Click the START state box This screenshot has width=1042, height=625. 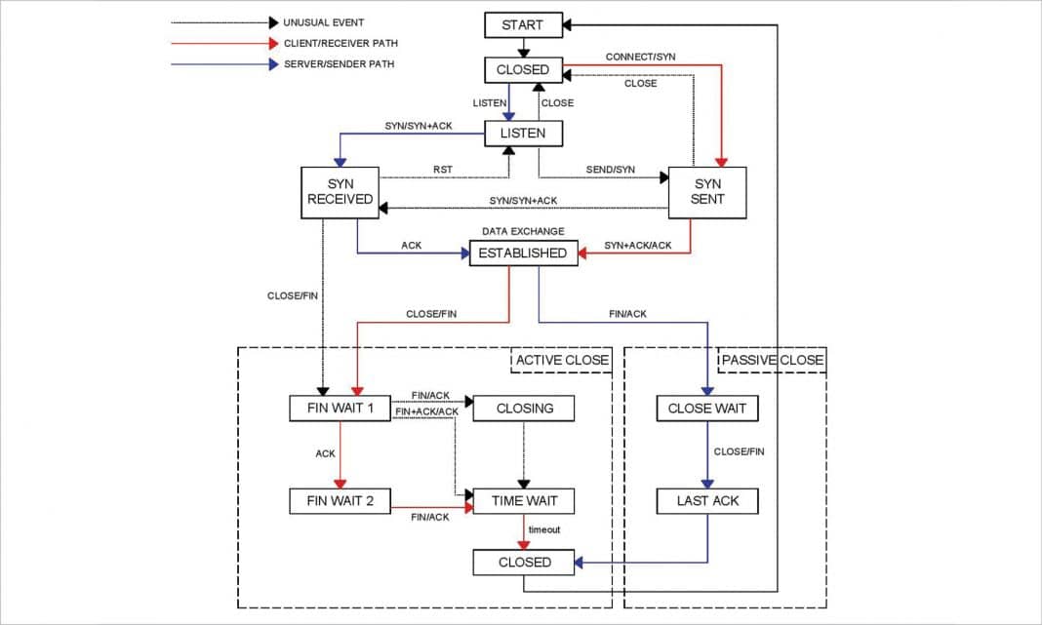523,25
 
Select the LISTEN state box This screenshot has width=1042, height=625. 523,134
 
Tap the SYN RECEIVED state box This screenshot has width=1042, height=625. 340,191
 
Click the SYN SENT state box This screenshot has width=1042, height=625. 706,191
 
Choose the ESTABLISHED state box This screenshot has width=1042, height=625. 523,254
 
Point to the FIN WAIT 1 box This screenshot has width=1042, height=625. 341,408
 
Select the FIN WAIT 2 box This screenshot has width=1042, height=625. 341,502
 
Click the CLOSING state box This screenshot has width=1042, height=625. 524,408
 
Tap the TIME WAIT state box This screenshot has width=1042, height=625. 524,502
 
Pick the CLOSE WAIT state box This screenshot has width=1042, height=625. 706,408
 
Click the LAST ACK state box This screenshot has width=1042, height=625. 706,502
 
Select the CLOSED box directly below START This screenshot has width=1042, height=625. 523,70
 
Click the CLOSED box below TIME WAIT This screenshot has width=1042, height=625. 524,563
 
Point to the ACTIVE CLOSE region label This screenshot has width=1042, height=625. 561,360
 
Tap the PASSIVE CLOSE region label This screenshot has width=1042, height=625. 772,360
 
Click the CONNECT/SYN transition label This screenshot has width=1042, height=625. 640,57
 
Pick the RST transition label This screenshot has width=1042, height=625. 443,170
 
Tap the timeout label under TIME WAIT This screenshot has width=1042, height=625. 544,529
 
